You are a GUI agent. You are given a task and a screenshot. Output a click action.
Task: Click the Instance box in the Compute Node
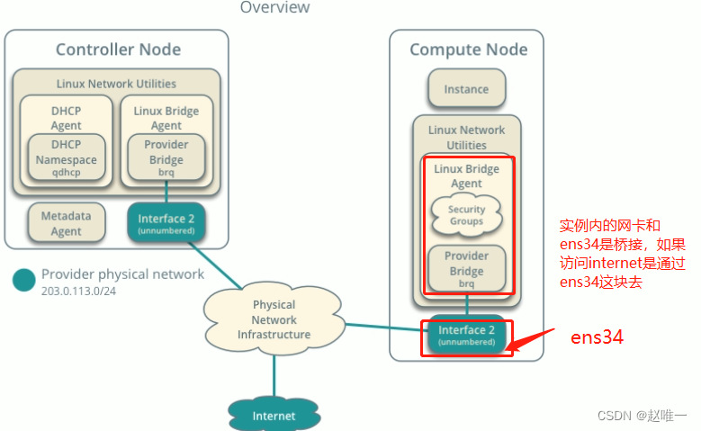466,89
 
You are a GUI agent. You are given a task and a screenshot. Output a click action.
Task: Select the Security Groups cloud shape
466,215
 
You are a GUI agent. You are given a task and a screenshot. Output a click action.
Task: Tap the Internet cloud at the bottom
274,415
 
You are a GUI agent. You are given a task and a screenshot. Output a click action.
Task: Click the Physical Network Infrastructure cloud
274,319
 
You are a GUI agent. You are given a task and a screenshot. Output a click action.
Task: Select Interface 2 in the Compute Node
466,335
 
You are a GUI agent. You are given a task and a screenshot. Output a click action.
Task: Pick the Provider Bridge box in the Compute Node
466,269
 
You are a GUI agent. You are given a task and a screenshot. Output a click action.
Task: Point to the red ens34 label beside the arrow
597,337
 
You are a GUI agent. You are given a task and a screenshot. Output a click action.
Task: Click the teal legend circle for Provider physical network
24,280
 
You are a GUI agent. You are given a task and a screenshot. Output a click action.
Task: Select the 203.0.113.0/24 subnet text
80,291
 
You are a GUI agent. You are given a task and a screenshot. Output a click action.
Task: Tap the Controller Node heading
118,49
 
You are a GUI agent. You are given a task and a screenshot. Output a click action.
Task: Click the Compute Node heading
468,49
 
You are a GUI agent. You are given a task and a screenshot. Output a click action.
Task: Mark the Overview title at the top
274,7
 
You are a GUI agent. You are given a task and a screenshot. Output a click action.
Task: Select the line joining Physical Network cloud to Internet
274,374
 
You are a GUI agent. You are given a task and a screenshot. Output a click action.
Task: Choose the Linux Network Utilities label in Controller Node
116,83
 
